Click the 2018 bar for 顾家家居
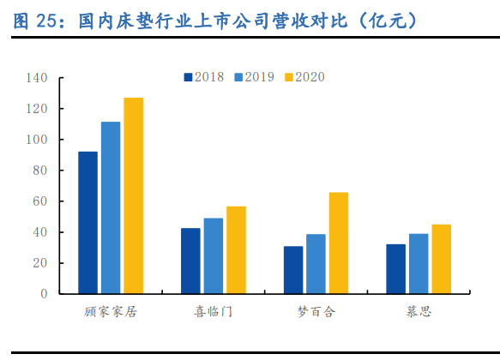[x=87, y=223]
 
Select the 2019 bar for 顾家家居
[x=111, y=208]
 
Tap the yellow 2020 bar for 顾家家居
[x=133, y=196]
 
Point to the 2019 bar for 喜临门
[x=214, y=256]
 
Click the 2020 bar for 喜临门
[x=236, y=250]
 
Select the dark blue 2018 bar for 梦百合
[x=293, y=270]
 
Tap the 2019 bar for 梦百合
[x=316, y=264]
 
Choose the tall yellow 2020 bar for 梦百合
[x=339, y=243]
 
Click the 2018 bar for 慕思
[x=395, y=269]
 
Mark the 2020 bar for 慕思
[x=441, y=259]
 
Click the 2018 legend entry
[x=203, y=77]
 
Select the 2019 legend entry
[x=253, y=77]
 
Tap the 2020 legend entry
[x=304, y=77]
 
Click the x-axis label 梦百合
[x=316, y=312]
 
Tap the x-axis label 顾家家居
[x=111, y=312]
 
